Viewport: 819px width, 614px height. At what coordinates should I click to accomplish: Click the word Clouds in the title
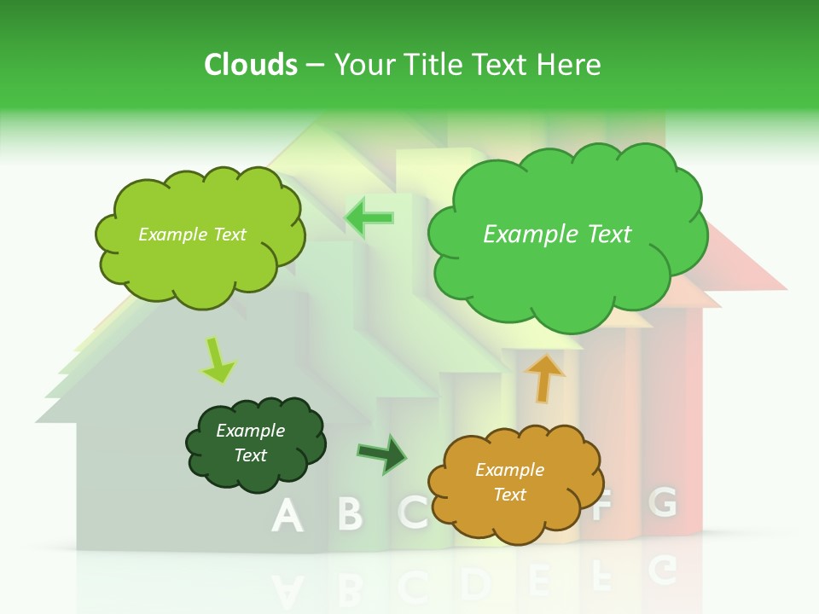click(x=251, y=65)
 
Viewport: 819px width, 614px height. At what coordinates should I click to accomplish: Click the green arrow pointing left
click(x=369, y=217)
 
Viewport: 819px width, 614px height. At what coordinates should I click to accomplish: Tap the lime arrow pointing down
click(x=217, y=360)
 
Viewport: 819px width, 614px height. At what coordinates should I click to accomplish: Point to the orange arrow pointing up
click(x=544, y=377)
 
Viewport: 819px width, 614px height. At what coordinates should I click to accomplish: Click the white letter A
click(x=288, y=515)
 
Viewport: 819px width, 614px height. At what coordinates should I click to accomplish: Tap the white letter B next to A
click(x=349, y=513)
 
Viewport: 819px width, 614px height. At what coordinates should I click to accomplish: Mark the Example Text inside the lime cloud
click(x=192, y=235)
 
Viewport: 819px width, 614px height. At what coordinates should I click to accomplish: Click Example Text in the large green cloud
click(x=557, y=235)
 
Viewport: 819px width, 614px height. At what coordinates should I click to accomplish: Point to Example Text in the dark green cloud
click(x=250, y=443)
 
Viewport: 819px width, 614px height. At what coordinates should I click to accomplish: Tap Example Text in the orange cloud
click(x=509, y=482)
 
